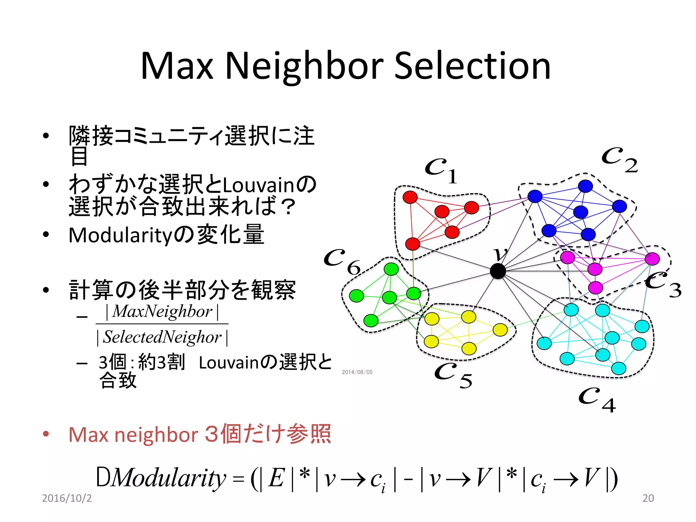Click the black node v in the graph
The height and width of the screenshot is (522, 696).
coord(498,271)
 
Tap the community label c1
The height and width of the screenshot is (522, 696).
coord(441,170)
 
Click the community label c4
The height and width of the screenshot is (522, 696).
coord(597,399)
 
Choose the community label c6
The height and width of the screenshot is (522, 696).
coord(342,262)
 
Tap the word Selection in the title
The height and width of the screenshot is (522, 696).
coord(472,66)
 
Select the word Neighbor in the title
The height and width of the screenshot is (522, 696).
coord(304,66)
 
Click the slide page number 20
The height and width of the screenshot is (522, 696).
coord(648,498)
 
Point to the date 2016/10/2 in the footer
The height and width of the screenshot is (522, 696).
coord(67,498)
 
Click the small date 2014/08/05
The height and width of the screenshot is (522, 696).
coord(357,372)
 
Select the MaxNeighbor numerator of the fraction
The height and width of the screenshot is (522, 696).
coord(162,311)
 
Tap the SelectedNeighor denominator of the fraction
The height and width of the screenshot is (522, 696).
coord(162,337)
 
